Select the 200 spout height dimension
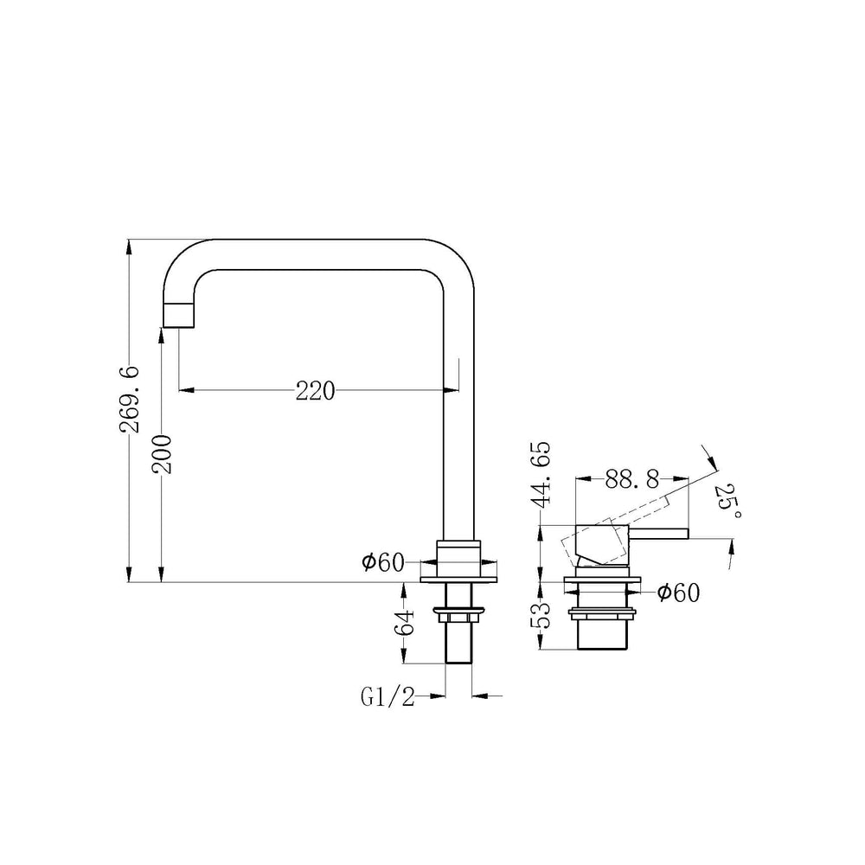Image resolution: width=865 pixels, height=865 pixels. pos(163,455)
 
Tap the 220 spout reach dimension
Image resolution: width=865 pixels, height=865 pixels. pos(315,391)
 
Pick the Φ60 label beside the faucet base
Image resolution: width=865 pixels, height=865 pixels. pos(383,563)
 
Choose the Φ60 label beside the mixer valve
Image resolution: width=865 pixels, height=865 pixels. pos(678,593)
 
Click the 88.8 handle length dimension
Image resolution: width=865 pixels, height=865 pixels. pos(632,479)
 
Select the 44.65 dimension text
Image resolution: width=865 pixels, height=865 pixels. pos(540,474)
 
